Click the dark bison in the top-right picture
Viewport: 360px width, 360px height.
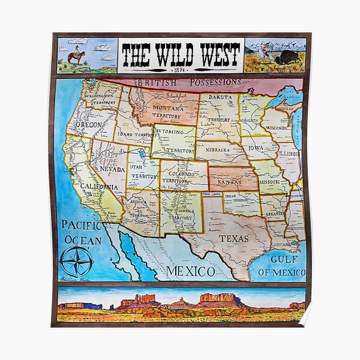tap(287, 58)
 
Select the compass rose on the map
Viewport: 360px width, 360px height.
tap(76, 262)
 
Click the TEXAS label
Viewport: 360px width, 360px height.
tap(233, 238)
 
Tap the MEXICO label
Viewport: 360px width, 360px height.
tap(190, 271)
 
